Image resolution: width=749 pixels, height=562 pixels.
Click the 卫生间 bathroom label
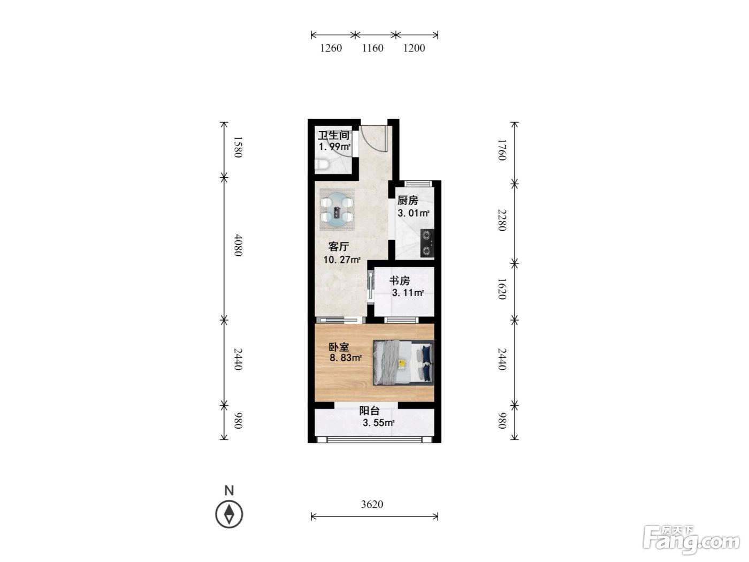[x=334, y=135]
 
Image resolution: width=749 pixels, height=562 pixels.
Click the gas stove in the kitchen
[x=427, y=242]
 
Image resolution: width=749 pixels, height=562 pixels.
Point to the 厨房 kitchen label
[x=408, y=200]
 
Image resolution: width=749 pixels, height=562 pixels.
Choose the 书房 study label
[x=400, y=280]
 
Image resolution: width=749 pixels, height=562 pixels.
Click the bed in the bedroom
[x=403, y=362]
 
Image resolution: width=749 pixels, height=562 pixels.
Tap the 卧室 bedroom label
[x=339, y=347]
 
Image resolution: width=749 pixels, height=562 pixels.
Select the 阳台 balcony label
[x=370, y=411]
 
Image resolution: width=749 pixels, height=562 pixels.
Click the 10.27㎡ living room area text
[x=342, y=260]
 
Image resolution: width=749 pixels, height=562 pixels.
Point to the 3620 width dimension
[x=372, y=504]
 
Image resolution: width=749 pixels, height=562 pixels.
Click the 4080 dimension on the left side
[x=238, y=245]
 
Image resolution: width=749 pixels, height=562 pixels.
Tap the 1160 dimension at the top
[x=372, y=48]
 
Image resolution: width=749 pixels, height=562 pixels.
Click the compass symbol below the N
[x=229, y=514]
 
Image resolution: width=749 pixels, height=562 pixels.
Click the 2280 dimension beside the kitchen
[x=502, y=220]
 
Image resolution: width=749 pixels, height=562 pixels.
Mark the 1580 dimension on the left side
[x=238, y=147]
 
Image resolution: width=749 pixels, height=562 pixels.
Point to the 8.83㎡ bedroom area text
[x=345, y=358]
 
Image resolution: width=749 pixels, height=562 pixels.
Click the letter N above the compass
[x=229, y=490]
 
